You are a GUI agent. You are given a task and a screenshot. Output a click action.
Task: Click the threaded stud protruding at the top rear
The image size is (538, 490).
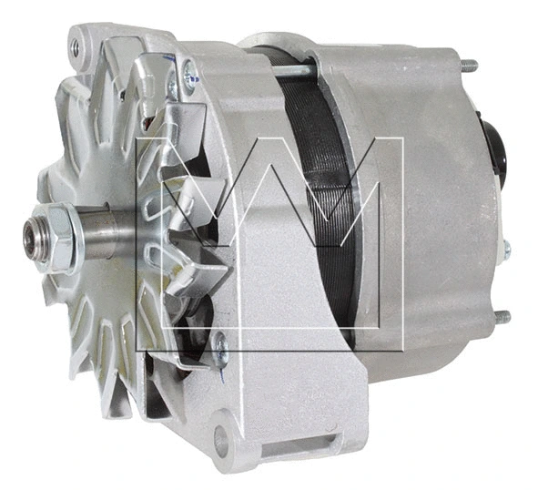point(468,65)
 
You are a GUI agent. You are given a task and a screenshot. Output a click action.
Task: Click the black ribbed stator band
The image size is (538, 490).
point(319,182)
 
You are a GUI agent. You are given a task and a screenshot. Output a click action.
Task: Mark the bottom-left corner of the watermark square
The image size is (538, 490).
point(136,351)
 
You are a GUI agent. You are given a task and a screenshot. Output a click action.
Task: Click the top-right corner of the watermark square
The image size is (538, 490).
point(402,139)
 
